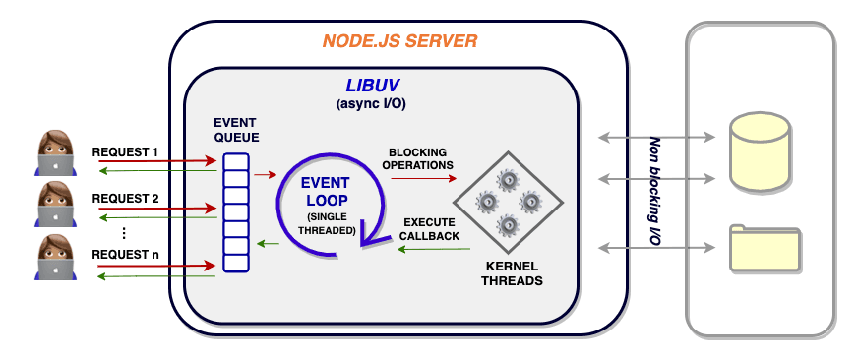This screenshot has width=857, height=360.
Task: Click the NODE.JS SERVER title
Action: (x=399, y=41)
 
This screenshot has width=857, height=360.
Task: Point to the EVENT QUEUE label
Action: (x=236, y=129)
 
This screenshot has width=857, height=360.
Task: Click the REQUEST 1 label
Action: (x=126, y=152)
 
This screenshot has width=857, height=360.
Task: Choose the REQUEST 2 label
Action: (x=126, y=198)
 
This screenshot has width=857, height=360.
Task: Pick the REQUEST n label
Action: (x=126, y=255)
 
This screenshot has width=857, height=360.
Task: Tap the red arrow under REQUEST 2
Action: (x=156, y=209)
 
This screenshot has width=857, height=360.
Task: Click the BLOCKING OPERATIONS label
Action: (x=417, y=158)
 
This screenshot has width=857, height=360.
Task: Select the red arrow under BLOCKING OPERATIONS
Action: (x=422, y=179)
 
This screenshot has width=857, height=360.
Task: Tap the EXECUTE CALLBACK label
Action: (x=428, y=229)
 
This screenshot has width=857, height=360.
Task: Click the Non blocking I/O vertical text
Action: (x=654, y=193)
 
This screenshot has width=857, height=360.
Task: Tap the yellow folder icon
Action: (x=765, y=248)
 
